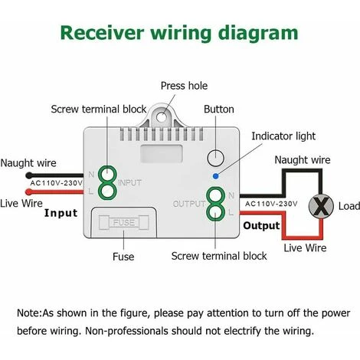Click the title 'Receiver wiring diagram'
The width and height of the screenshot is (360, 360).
click(179, 33)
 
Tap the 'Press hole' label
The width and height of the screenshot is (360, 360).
click(183, 86)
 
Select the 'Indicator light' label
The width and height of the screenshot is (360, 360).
click(283, 136)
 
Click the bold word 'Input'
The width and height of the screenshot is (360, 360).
click(61, 212)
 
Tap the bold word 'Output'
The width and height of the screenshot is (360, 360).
click(262, 226)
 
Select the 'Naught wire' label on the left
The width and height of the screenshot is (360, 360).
click(28, 162)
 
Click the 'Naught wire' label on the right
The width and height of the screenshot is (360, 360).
click(303, 160)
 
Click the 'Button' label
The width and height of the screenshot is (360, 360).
click(219, 110)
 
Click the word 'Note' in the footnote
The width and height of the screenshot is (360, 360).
click(31, 313)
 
